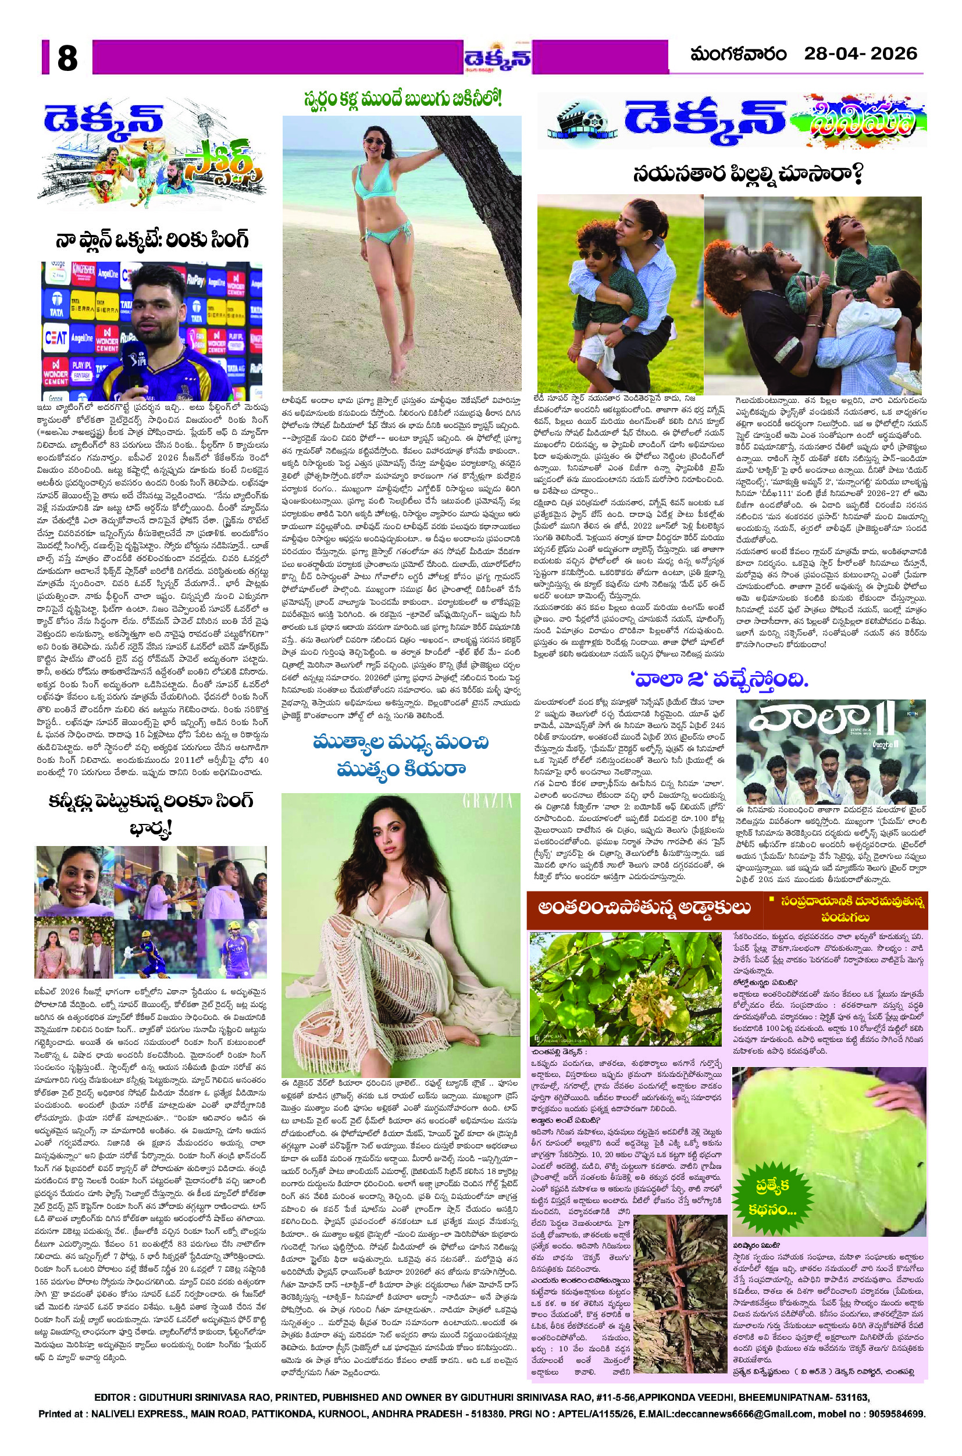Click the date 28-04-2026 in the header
click(861, 54)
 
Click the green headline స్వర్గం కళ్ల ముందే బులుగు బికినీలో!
click(402, 99)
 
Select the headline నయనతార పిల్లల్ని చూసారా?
click(748, 176)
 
